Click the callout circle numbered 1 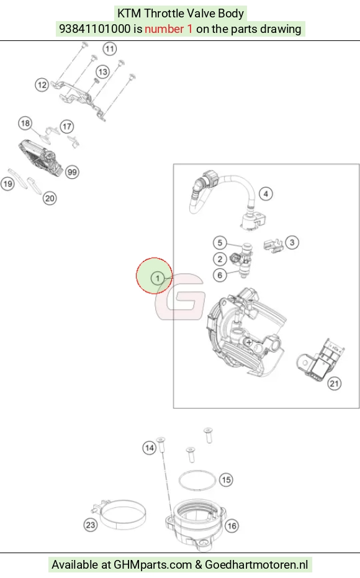158,278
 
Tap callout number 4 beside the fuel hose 266,194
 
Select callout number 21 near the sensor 334,384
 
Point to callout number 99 72,172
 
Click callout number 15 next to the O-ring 227,480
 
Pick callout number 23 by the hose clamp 91,525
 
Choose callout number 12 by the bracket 42,85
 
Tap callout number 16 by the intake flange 232,526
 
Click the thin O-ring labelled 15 197,471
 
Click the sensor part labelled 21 320,360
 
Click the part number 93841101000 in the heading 95,29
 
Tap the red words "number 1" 168,29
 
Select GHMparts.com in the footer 153,565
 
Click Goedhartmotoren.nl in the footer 256,565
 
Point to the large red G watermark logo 180,297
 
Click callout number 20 50,199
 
